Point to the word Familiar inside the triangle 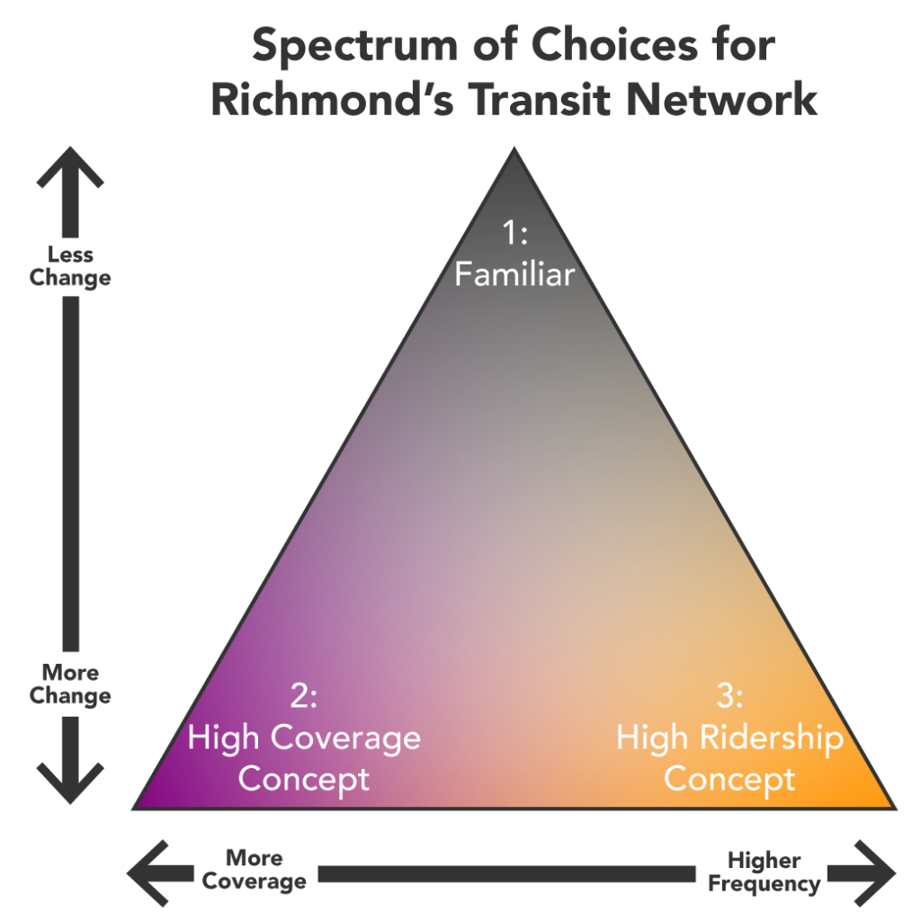click(x=514, y=274)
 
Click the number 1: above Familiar click(x=514, y=234)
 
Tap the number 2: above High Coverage click(x=303, y=696)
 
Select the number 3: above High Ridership click(x=729, y=696)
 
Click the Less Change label click(x=69, y=267)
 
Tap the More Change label click(x=69, y=684)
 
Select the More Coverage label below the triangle click(x=254, y=869)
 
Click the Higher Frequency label click(x=764, y=872)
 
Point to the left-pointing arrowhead click(x=151, y=872)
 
